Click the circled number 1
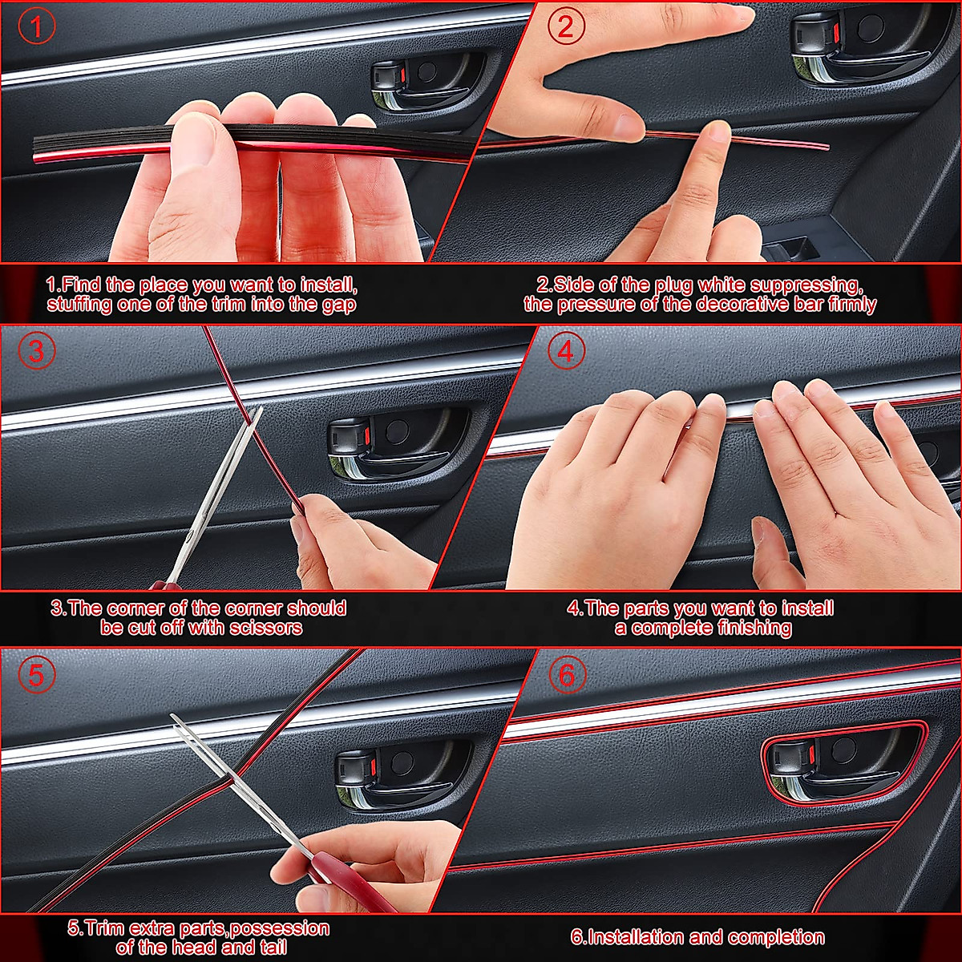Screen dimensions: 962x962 coord(37,28)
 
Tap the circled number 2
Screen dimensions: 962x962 coord(566,28)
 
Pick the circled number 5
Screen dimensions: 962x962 coord(37,675)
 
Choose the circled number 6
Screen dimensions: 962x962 coord(566,675)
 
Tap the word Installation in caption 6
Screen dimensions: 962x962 coord(626,937)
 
